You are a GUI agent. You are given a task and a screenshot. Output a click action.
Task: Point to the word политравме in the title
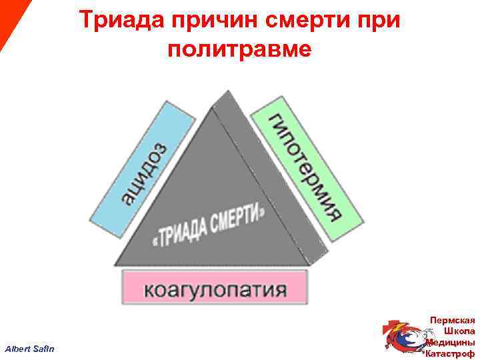tap(239, 50)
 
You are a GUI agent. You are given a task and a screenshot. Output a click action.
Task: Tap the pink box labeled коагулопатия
tap(215, 288)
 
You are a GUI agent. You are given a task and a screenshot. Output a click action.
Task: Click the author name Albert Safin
tap(30, 349)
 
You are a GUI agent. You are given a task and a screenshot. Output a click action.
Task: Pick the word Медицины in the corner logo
tap(453, 342)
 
